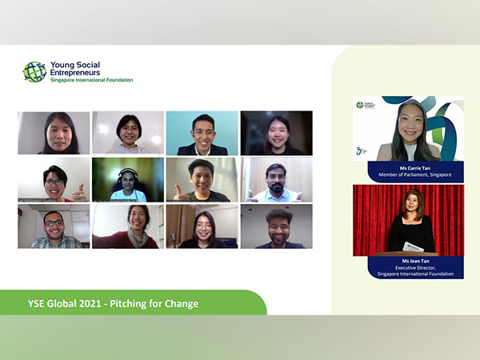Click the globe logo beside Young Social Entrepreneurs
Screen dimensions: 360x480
click(34, 72)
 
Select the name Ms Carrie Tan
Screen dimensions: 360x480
click(408, 166)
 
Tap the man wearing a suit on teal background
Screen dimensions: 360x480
click(202, 134)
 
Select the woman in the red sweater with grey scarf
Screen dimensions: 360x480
click(134, 228)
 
